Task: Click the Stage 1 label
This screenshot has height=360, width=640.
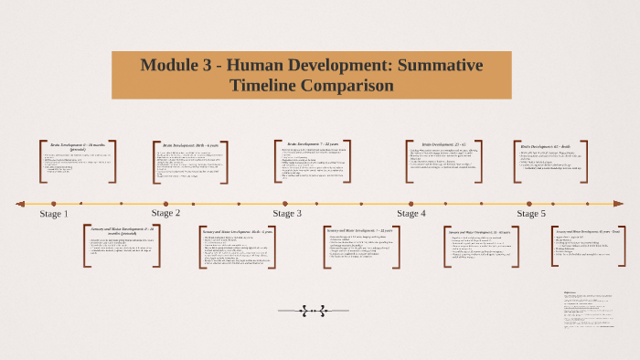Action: point(54,214)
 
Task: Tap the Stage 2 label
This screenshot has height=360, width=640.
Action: point(165,213)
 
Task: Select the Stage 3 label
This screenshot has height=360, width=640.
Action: point(287,214)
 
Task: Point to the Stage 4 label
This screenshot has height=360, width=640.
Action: point(411,214)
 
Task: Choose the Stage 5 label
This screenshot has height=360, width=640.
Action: point(531,214)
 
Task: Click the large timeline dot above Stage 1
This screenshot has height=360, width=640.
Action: point(54,204)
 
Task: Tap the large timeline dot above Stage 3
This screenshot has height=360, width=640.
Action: point(285,204)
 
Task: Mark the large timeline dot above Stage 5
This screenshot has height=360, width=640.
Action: point(530,204)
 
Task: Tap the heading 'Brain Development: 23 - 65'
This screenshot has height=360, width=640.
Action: point(437,144)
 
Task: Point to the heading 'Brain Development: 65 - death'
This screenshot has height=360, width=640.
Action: point(546,146)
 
